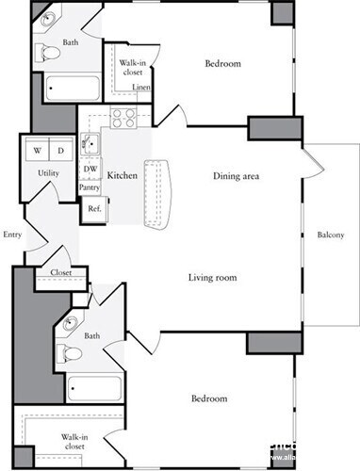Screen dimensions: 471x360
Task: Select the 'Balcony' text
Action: [330, 235]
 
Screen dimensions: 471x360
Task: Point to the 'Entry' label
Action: [12, 235]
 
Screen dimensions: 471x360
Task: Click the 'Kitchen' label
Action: [123, 176]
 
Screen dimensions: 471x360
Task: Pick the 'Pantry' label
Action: [90, 187]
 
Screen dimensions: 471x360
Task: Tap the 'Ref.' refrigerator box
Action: [94, 208]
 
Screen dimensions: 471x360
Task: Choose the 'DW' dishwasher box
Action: [90, 170]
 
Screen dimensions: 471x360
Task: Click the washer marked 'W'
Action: [37, 151]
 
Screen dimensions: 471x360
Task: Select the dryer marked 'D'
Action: [60, 151]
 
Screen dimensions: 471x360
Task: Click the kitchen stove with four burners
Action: [123, 118]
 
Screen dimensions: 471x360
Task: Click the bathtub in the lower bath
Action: [94, 388]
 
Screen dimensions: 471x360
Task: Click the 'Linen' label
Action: [141, 88]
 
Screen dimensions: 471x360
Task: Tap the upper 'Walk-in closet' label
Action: [131, 68]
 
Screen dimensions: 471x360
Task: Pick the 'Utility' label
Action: [49, 174]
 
